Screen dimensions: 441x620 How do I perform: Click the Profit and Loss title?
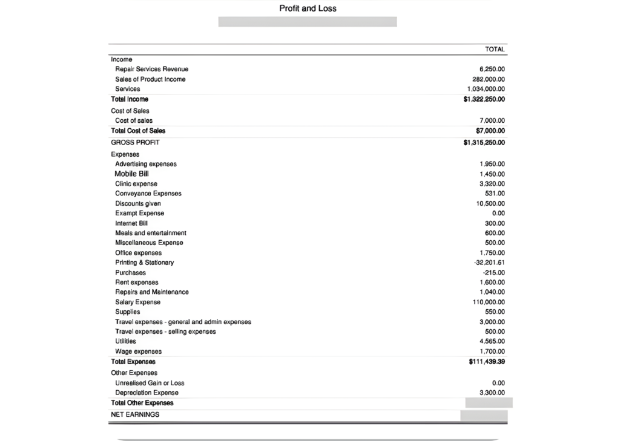point(308,8)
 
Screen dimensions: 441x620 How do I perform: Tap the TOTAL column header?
point(495,49)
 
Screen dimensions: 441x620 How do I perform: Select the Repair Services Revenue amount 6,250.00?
point(492,70)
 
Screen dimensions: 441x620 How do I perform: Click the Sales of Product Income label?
point(150,79)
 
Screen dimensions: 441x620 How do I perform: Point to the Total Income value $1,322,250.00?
point(484,99)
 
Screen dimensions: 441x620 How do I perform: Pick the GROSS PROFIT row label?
point(135,143)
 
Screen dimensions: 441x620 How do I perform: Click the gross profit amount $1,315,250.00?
point(484,143)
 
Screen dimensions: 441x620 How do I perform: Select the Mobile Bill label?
point(131,174)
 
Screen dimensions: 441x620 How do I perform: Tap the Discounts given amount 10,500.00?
point(490,204)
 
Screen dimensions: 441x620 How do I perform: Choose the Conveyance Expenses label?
point(148,194)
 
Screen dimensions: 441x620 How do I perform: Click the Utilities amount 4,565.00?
point(492,342)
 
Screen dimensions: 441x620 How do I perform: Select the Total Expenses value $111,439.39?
point(487,362)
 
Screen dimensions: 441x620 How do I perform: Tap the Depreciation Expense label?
point(147,393)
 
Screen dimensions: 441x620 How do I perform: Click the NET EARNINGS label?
point(135,415)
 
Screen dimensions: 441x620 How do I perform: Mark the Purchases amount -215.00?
point(493,273)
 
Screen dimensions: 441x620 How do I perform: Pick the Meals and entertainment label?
point(151,234)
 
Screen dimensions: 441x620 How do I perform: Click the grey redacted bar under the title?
point(307,22)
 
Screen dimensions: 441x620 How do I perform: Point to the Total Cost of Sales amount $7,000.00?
point(490,131)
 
